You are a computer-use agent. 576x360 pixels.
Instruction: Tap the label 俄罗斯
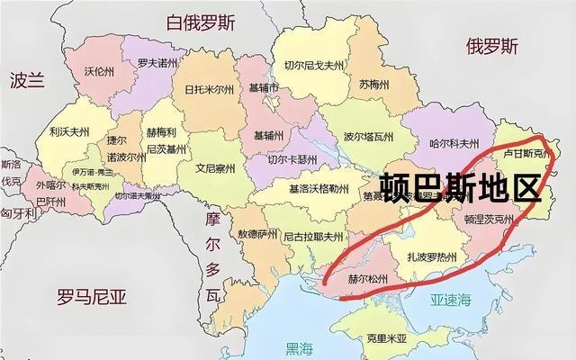[x=491, y=46]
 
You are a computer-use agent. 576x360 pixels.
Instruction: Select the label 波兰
[x=26, y=80]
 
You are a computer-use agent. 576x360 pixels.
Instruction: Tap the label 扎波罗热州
[x=427, y=257]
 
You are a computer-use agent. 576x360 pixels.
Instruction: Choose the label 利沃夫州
[x=68, y=132]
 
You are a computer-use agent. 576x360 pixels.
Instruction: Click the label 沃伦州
[x=99, y=70]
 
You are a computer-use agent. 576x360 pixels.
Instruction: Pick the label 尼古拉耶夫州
[x=312, y=238]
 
